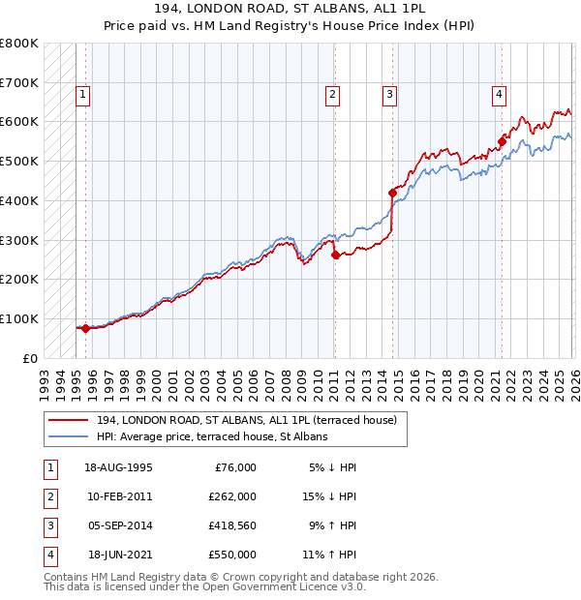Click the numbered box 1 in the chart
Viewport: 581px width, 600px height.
tap(83, 95)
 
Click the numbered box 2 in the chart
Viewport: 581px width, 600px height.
tap(332, 95)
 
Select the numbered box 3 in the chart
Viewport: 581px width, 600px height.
tap(388, 95)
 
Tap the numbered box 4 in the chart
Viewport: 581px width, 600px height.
tap(499, 95)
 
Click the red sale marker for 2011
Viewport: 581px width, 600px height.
tap(335, 255)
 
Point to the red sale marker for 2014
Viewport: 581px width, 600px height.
tap(392, 194)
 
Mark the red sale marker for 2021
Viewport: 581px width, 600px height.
tap(502, 141)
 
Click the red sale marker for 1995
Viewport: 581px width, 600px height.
tap(85, 328)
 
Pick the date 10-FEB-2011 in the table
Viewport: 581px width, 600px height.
tap(118, 496)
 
